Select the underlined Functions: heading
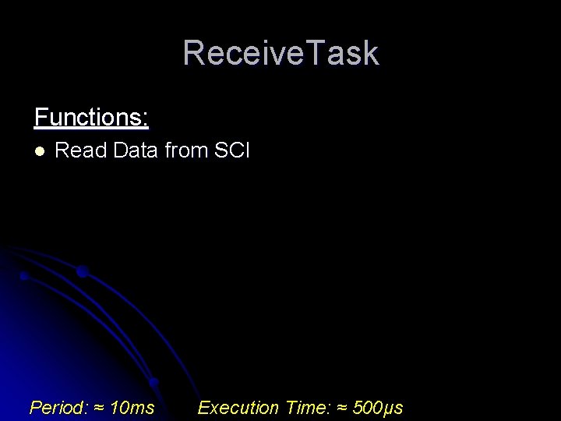91,118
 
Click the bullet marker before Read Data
40,150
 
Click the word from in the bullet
183,150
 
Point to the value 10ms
132,408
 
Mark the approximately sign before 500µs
342,408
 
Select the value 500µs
378,408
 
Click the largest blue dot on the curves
82,272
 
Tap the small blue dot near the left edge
24,276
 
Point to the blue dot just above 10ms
153,383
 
